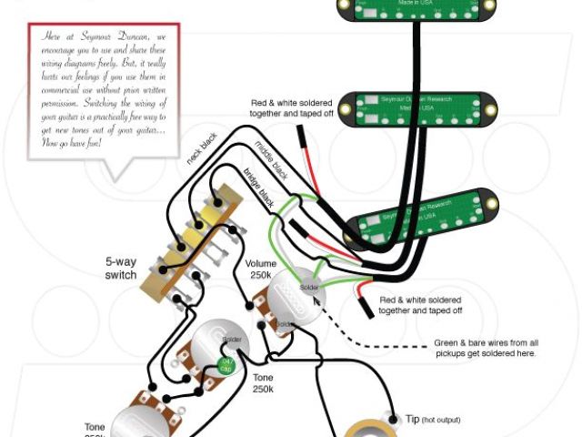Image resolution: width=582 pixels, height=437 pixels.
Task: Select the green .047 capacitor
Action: pos(227,366)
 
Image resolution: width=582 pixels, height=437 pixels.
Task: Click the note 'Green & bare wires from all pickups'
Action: pos(485,348)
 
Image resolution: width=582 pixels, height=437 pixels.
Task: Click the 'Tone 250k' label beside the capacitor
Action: pos(263,382)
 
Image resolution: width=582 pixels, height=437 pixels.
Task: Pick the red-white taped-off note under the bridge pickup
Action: pos(419,305)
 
